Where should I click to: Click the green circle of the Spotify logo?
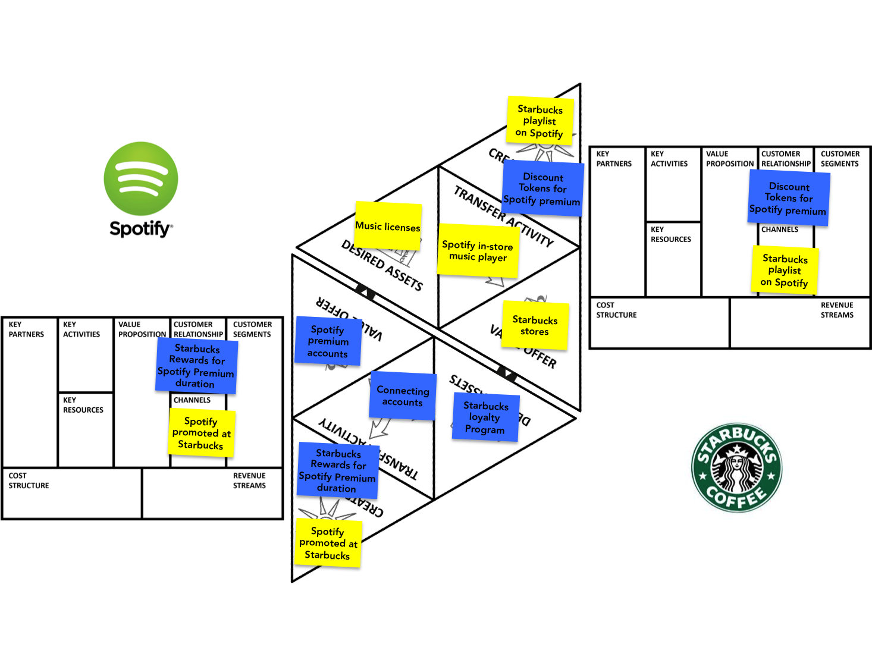point(141,178)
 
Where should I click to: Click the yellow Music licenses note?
point(388,226)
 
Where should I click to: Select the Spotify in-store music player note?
point(478,251)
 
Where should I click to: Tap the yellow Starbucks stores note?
point(535,325)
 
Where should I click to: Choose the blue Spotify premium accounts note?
point(328,341)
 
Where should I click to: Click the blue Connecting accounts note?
point(403,396)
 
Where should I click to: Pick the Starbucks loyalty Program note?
point(485,417)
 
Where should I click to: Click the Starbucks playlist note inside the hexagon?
point(539,121)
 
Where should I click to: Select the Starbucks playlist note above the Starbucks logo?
point(785,271)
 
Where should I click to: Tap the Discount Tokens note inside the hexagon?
point(542,189)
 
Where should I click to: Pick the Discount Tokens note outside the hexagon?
point(788,198)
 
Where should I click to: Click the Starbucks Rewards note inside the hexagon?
point(337,470)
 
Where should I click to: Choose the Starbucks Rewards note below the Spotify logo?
point(196,366)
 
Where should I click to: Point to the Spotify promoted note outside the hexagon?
point(201,433)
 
